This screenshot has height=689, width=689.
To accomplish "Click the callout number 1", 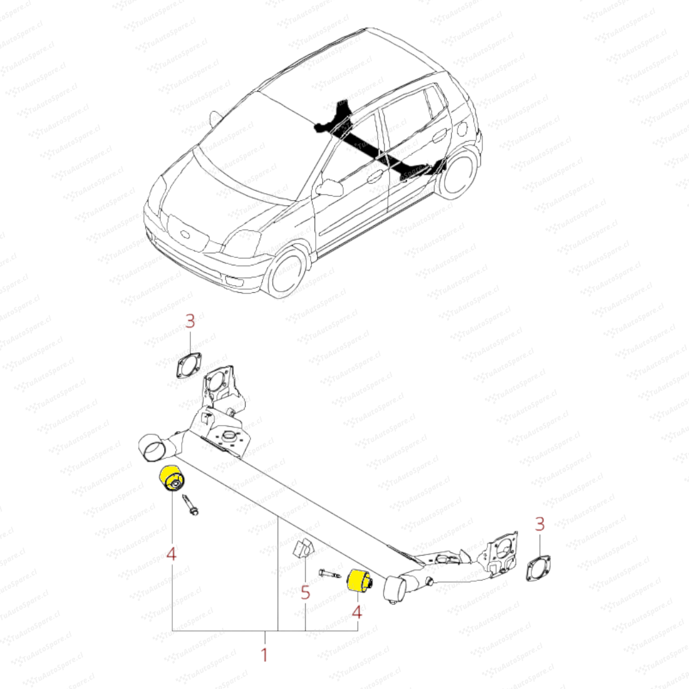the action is point(264,655).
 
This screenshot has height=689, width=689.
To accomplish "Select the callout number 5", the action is point(306,593).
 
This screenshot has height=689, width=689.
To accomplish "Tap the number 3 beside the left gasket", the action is point(190,321).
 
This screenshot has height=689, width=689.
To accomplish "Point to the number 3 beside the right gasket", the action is point(540,524).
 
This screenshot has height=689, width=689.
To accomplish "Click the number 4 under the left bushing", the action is point(172,554).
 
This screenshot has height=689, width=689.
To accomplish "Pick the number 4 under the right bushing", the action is point(357,612).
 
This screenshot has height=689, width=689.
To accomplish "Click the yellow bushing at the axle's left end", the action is point(173,480).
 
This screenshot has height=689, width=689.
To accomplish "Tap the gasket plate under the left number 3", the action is point(188,365).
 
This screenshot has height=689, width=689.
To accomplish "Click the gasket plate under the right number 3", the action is point(538,568).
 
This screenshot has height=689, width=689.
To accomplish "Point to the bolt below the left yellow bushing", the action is point(190,505).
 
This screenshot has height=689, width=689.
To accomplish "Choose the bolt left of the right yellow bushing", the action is point(330,574).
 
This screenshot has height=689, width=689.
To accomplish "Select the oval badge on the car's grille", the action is point(186,235).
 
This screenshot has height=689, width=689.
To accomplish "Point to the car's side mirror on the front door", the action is point(329,188).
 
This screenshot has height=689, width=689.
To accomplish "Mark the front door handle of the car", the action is point(374,178).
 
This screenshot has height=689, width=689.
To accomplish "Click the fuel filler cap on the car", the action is point(463,128).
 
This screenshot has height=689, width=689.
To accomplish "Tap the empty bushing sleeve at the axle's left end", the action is point(154,449).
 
